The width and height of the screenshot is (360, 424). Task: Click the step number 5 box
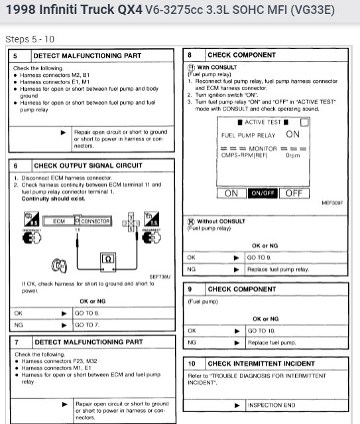tap(17, 57)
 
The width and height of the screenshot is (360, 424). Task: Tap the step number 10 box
tap(191, 364)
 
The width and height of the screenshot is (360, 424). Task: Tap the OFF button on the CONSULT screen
tap(294, 193)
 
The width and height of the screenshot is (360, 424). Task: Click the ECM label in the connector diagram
tap(59, 221)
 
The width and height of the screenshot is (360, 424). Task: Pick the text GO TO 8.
tap(88, 313)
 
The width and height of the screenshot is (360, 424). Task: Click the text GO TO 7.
tap(88, 325)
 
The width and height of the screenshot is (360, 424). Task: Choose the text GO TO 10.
tap(263, 330)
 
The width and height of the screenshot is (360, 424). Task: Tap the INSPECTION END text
tap(272, 405)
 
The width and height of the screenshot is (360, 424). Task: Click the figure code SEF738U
tap(158, 276)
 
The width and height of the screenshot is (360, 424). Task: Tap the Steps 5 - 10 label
tap(30, 38)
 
